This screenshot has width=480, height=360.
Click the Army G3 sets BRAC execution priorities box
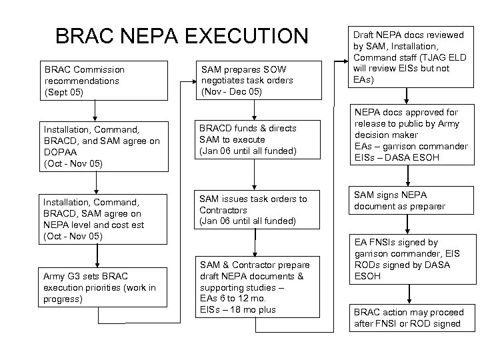(101, 287)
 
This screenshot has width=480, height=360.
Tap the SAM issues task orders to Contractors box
(255, 209)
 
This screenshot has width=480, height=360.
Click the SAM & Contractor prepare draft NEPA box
(255, 287)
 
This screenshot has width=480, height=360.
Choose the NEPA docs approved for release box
(409, 135)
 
